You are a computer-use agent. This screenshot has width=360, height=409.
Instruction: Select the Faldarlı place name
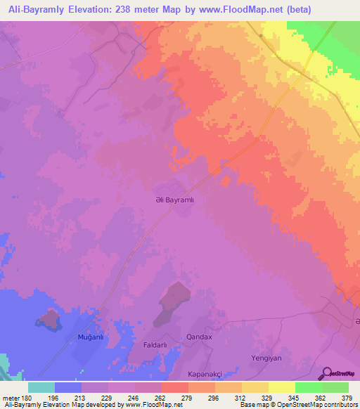coord(155,345)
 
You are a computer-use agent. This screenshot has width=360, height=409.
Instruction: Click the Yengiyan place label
coord(266,358)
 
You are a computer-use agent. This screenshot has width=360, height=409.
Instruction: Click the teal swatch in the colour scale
coord(41,387)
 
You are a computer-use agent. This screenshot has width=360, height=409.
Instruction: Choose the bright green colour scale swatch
coord(308,387)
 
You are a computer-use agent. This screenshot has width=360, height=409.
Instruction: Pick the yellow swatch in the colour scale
coord(281,387)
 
